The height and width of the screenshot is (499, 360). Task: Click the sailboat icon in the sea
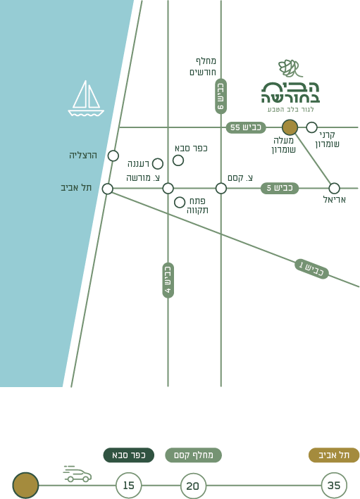[x=86, y=99]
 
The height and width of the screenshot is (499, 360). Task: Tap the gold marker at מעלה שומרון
[x=290, y=127]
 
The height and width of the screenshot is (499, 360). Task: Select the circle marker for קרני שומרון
[x=311, y=127]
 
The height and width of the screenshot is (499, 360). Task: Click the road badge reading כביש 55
[x=246, y=127]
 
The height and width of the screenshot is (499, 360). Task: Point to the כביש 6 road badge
[x=221, y=96]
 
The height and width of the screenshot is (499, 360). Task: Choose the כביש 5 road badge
[x=280, y=188]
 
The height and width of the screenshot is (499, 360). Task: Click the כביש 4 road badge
[x=168, y=280]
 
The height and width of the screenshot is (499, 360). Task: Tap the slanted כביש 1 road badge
[x=311, y=269]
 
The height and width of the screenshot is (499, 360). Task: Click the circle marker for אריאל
[x=334, y=188]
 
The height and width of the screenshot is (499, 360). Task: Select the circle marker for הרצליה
[x=113, y=156]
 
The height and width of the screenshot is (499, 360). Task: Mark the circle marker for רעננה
[x=157, y=163]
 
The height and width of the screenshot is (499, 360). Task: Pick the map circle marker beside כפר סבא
[x=178, y=160]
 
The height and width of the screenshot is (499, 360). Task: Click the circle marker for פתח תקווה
[x=180, y=202]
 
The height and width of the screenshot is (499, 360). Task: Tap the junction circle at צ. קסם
[x=221, y=188]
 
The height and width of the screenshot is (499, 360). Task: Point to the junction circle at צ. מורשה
[x=168, y=188]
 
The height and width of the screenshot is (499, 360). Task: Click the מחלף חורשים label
[x=203, y=67]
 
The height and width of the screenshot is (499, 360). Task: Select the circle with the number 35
[x=334, y=486]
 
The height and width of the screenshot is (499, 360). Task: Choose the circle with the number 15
[x=128, y=486]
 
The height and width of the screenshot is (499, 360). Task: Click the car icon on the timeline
[x=77, y=474]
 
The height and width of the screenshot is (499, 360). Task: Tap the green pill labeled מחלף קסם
[x=193, y=455]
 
